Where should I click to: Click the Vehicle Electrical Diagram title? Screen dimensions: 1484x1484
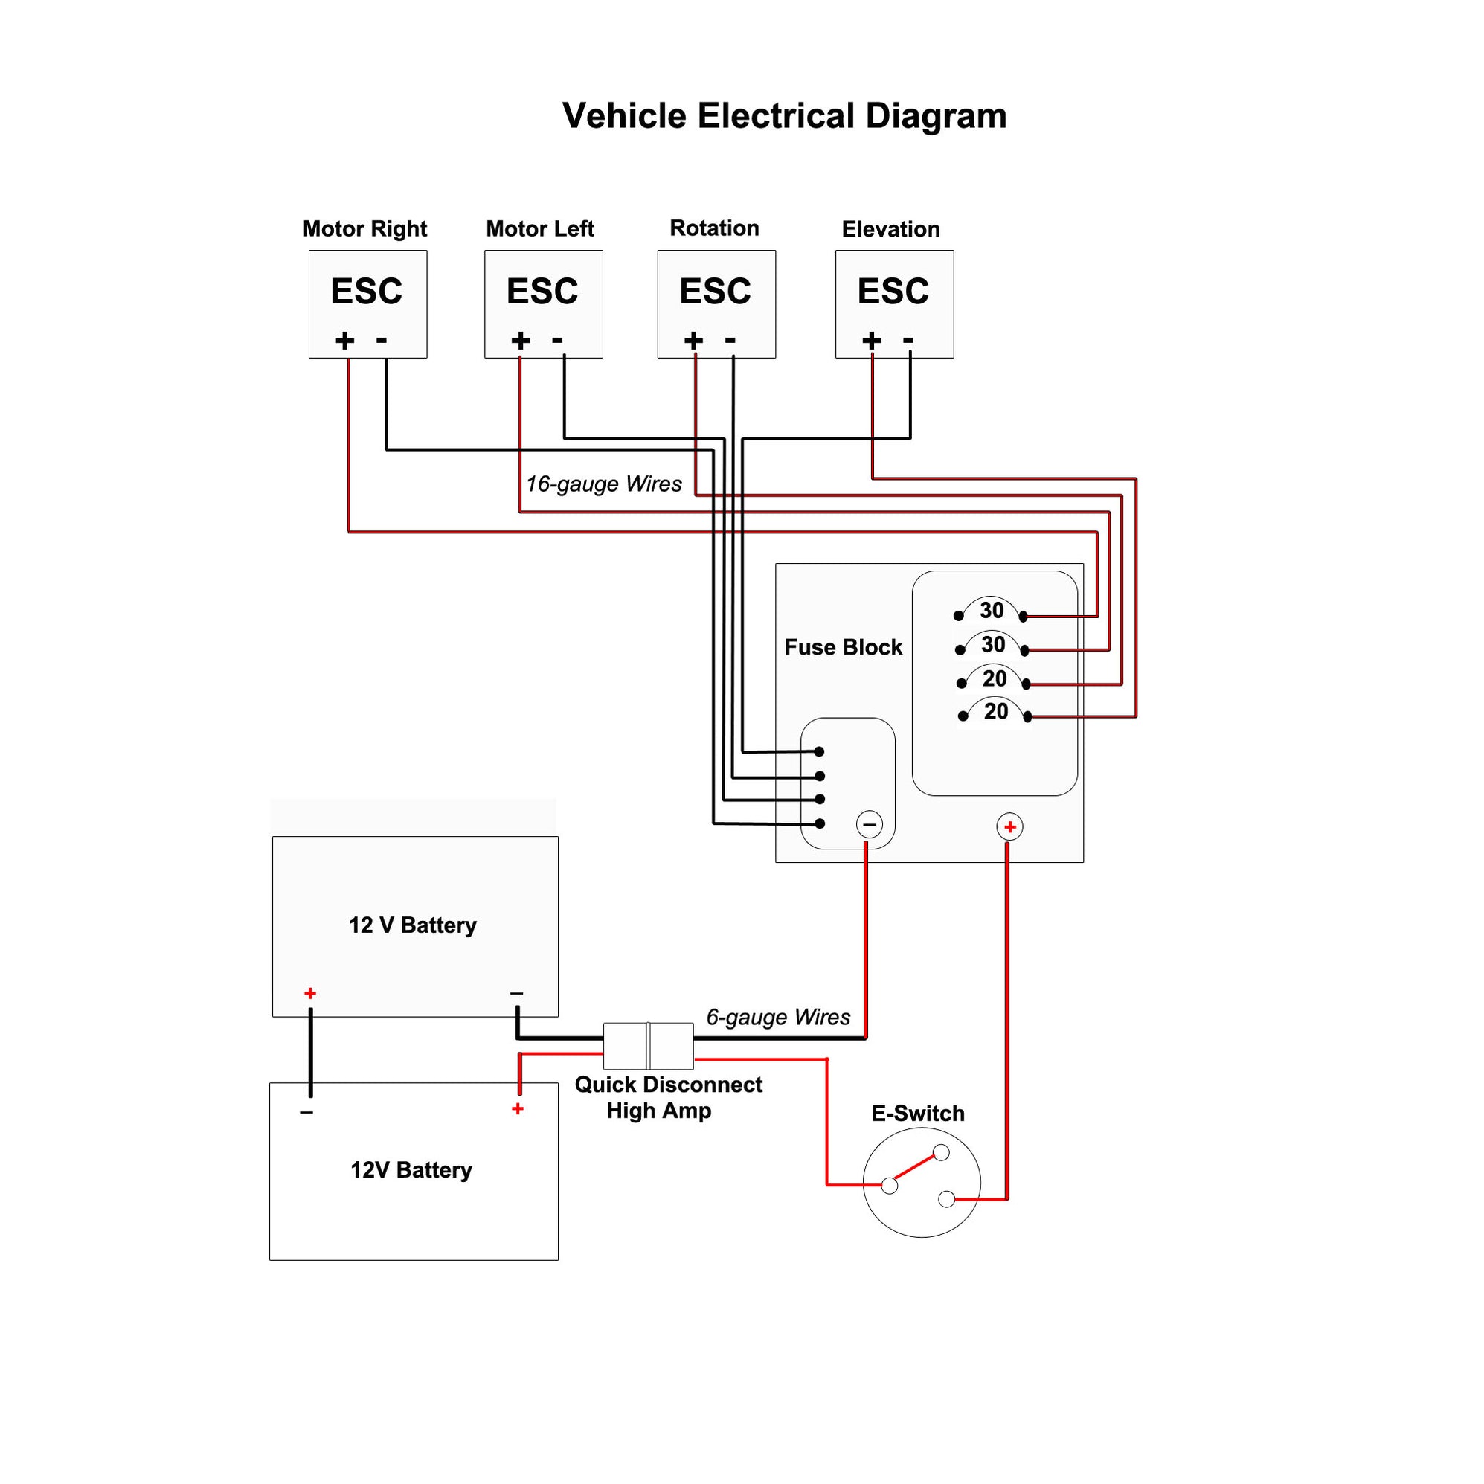click(x=783, y=116)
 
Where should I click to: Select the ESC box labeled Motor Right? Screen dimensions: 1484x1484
click(x=367, y=303)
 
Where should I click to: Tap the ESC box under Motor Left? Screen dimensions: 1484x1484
click(x=543, y=303)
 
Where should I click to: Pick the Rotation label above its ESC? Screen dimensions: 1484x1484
click(x=714, y=228)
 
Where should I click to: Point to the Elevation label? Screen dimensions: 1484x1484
click(x=890, y=229)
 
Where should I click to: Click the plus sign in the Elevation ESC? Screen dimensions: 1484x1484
click(x=871, y=340)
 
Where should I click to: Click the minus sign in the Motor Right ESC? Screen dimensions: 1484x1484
click(x=381, y=339)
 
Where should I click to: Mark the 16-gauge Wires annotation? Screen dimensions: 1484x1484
click(x=604, y=484)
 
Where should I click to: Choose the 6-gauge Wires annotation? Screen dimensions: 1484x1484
click(x=777, y=1017)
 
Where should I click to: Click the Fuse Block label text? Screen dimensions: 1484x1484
click(x=843, y=646)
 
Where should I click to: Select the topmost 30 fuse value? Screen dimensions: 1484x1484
click(x=991, y=611)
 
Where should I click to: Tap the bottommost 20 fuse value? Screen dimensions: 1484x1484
click(x=995, y=711)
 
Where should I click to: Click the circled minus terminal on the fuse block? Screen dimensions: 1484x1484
click(x=869, y=825)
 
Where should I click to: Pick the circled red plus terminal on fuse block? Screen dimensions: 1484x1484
click(x=1009, y=826)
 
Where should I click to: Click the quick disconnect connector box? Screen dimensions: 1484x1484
click(x=649, y=1045)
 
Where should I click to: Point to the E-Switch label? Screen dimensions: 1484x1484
click(x=917, y=1113)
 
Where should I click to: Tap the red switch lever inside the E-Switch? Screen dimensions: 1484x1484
click(x=914, y=1168)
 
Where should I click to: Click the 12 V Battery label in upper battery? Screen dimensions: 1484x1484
click(x=413, y=925)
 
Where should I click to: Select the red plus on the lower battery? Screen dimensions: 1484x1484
click(x=518, y=1108)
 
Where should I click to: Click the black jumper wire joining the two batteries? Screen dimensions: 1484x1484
click(x=310, y=1053)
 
